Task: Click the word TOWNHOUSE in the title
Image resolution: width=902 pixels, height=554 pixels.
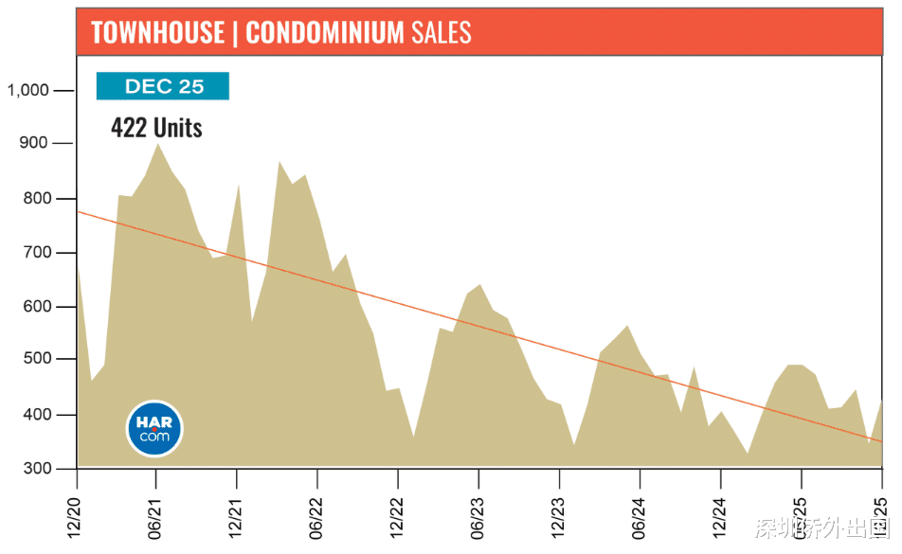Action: coord(156,33)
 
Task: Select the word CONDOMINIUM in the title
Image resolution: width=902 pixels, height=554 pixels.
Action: coord(325,33)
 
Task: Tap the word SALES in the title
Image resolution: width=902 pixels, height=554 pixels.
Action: coord(442,33)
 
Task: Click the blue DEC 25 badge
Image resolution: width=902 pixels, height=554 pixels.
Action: coord(163,86)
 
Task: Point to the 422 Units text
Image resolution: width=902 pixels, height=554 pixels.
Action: coord(156,128)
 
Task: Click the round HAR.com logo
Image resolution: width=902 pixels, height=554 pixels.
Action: coord(154,429)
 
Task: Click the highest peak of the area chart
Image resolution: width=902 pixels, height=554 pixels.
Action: coord(157,145)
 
